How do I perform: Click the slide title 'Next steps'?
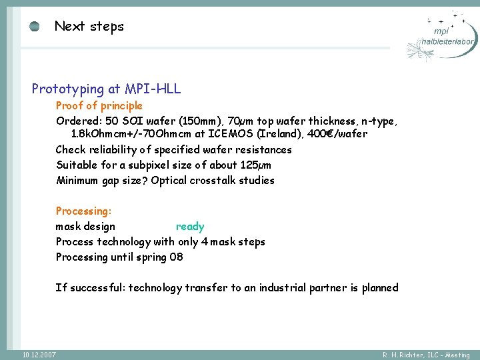[89, 27]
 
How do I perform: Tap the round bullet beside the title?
[35, 27]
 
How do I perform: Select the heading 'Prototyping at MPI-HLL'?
[106, 89]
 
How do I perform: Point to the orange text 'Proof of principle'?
[99, 105]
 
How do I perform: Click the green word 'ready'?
[190, 227]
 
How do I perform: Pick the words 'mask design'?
[85, 227]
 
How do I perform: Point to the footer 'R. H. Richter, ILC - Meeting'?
[426, 355]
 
